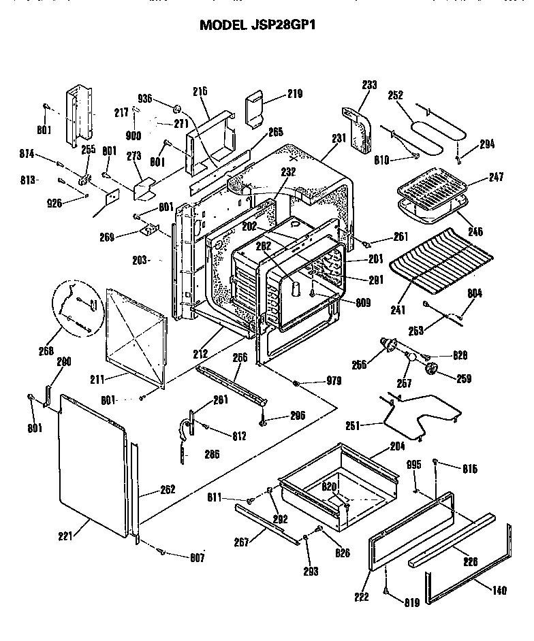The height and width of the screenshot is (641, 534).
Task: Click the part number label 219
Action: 294,94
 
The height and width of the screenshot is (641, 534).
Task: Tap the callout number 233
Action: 368,86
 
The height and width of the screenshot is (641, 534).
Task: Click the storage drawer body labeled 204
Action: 341,483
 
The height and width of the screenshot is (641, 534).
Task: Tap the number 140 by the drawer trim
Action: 499,591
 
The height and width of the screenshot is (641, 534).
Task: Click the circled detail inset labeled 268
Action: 74,311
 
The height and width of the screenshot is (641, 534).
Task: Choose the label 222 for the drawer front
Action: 361,597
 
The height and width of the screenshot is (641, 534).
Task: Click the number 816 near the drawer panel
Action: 469,469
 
